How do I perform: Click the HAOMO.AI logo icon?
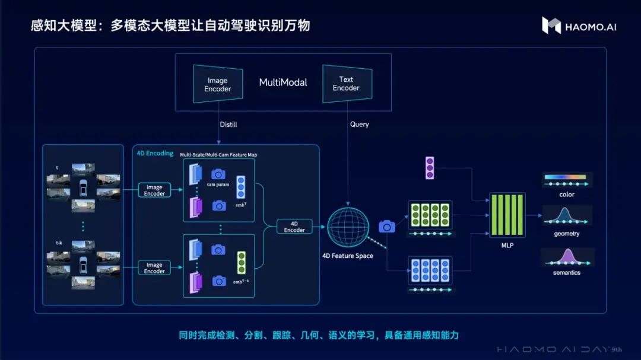coord(551,25)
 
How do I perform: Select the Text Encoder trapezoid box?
coord(347,84)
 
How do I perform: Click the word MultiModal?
coord(283,82)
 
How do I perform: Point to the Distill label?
coord(229,125)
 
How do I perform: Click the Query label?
coord(360,125)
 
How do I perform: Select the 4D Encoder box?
coord(294,227)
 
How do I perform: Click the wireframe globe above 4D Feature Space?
coord(348,227)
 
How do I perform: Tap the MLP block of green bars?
coord(506,214)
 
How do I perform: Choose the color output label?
coord(567,195)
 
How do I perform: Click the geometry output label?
coord(567,234)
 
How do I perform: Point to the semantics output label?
coord(567,273)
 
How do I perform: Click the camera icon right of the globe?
coord(387,226)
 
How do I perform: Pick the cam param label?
coord(218,184)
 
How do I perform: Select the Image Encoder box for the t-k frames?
coord(154,268)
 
